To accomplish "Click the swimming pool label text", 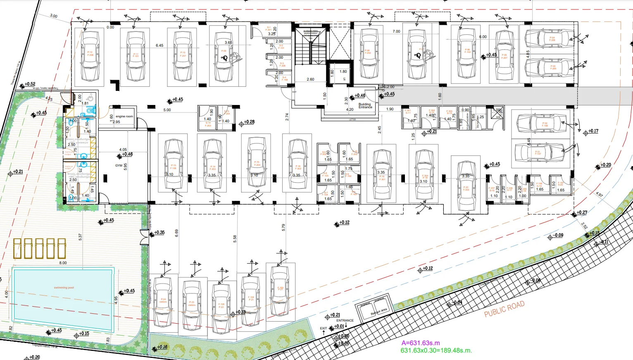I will (64, 288).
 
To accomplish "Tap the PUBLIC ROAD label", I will (504, 309).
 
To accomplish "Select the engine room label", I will (124, 117).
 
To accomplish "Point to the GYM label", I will (119, 165).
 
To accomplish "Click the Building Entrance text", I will (365, 105).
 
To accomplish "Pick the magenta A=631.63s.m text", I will (421, 343).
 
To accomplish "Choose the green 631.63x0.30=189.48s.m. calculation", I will (436, 350).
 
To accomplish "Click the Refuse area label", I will (378, 311).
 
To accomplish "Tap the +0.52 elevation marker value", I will (30, 84).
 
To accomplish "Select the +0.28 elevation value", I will (249, 122).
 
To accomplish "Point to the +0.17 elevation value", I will (593, 131).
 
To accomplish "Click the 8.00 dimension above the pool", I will (63, 263).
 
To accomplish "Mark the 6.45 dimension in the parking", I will (159, 45).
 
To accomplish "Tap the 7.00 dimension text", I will (396, 31).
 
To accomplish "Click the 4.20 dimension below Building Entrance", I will (350, 110).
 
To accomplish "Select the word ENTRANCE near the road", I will (345, 320).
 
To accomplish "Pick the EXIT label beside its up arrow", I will (323, 329).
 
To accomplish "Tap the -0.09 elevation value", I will (559, 235).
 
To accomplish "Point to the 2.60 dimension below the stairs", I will (310, 79).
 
